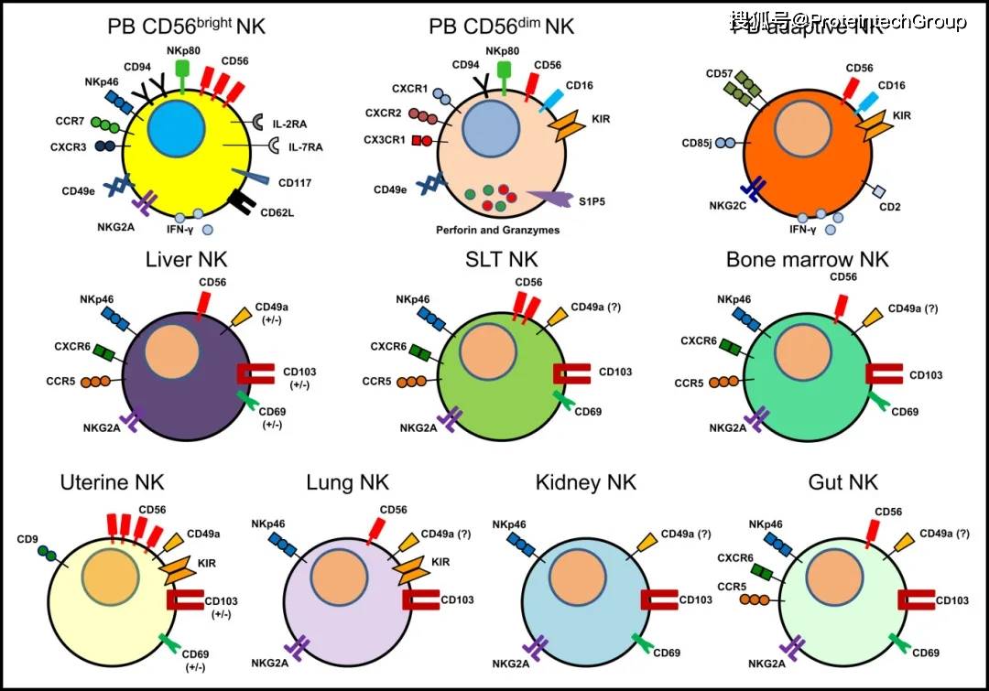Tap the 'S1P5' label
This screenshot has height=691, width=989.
click(x=592, y=198)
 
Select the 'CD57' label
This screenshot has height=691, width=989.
click(x=719, y=73)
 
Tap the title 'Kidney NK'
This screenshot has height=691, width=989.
click(x=586, y=481)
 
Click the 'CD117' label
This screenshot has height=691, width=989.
click(x=295, y=182)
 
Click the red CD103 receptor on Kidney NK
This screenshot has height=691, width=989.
click(x=658, y=600)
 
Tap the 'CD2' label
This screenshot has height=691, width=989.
click(x=890, y=207)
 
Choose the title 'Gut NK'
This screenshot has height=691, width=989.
click(x=843, y=481)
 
